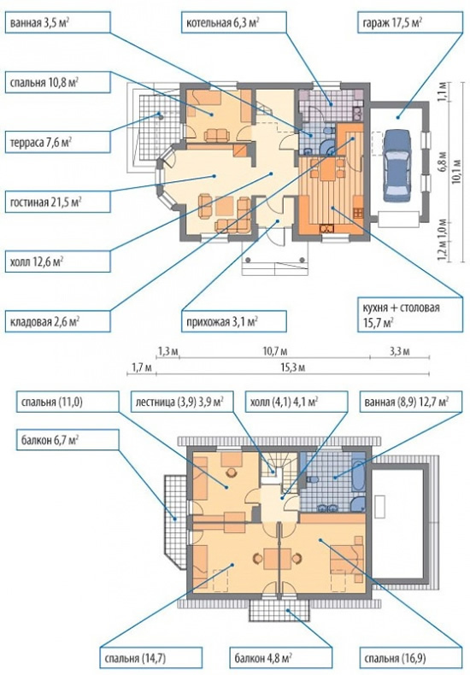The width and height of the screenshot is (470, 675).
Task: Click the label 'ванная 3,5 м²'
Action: (x=57, y=22)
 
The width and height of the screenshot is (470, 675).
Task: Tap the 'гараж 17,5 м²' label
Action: (x=409, y=22)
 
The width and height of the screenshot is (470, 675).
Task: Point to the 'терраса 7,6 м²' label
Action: (x=57, y=142)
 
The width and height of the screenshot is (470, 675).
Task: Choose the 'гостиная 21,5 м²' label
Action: (x=57, y=202)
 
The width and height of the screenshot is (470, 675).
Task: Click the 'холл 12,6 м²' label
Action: (x=57, y=261)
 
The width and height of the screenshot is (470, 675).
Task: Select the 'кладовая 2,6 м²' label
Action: (x=57, y=321)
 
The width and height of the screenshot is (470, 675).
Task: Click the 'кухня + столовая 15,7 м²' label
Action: (x=409, y=314)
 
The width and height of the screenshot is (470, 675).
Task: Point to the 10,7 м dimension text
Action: (x=275, y=352)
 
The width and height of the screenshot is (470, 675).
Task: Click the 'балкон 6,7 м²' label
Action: (x=68, y=439)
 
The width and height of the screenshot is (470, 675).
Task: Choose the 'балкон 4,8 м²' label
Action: (x=280, y=659)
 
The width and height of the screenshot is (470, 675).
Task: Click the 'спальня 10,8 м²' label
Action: (x=57, y=82)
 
